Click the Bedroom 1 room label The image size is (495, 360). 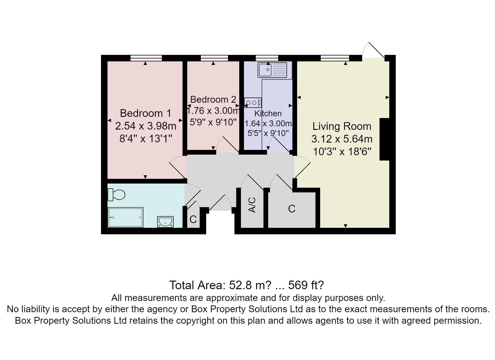[x=145, y=113]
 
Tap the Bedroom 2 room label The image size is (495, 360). [x=213, y=99]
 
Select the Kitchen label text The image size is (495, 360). [x=268, y=113]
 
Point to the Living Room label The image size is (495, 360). [x=342, y=126]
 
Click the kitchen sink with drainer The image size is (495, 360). [x=274, y=70]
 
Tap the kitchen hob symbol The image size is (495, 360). [x=253, y=103]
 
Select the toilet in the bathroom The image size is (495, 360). [x=117, y=194]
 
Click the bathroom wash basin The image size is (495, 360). [x=166, y=222]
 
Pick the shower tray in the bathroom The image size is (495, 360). [x=126, y=217]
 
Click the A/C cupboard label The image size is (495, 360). [x=252, y=205]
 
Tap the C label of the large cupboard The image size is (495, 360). [x=292, y=209]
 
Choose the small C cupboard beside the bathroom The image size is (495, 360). [x=193, y=219]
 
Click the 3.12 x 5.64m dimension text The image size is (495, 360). [x=342, y=139]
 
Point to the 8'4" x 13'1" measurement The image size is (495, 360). [x=146, y=139]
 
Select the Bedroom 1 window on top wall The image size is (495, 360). [x=146, y=58]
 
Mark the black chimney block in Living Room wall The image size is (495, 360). [x=385, y=139]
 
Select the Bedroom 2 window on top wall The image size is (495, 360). [x=214, y=58]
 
